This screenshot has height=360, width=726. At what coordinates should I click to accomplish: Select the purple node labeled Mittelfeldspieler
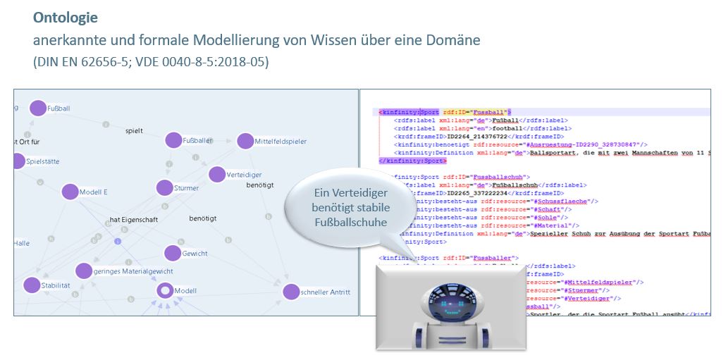(245, 141)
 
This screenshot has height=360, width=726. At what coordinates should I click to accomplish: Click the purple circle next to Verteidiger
(217, 174)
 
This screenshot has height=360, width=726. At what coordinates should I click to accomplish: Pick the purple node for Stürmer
(164, 188)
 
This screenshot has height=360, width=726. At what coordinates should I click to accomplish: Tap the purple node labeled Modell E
(70, 192)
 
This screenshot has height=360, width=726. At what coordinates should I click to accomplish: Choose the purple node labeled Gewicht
(173, 253)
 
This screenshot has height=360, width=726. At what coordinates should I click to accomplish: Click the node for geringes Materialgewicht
(84, 271)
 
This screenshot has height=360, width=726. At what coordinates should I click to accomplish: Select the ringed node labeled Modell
(165, 290)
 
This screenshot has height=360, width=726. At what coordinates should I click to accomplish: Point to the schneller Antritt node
(291, 292)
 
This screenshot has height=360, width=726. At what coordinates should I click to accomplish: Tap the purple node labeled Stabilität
(32, 285)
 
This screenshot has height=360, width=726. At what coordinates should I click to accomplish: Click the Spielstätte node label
(43, 161)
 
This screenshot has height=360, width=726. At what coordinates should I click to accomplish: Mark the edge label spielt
(134, 130)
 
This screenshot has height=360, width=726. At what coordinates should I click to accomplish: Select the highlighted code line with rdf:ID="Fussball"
(445, 111)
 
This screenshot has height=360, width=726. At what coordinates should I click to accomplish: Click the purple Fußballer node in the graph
(173, 140)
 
